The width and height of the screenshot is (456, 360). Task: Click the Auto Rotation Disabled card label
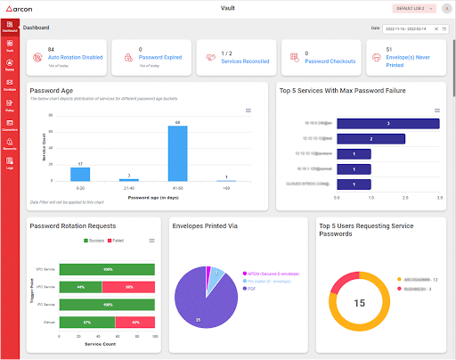pos(75,57)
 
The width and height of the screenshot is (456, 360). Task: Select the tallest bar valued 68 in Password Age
pos(178,152)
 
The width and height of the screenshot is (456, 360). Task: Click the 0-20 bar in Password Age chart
pos(80,175)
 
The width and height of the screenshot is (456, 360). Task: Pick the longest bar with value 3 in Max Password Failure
pos(388,124)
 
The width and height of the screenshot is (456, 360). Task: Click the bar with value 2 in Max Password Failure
pos(370,139)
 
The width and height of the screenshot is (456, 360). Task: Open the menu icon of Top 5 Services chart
pos(436,110)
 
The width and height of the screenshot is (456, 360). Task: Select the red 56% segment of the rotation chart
pos(130,286)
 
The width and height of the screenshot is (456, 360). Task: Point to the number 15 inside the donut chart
pos(360,303)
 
